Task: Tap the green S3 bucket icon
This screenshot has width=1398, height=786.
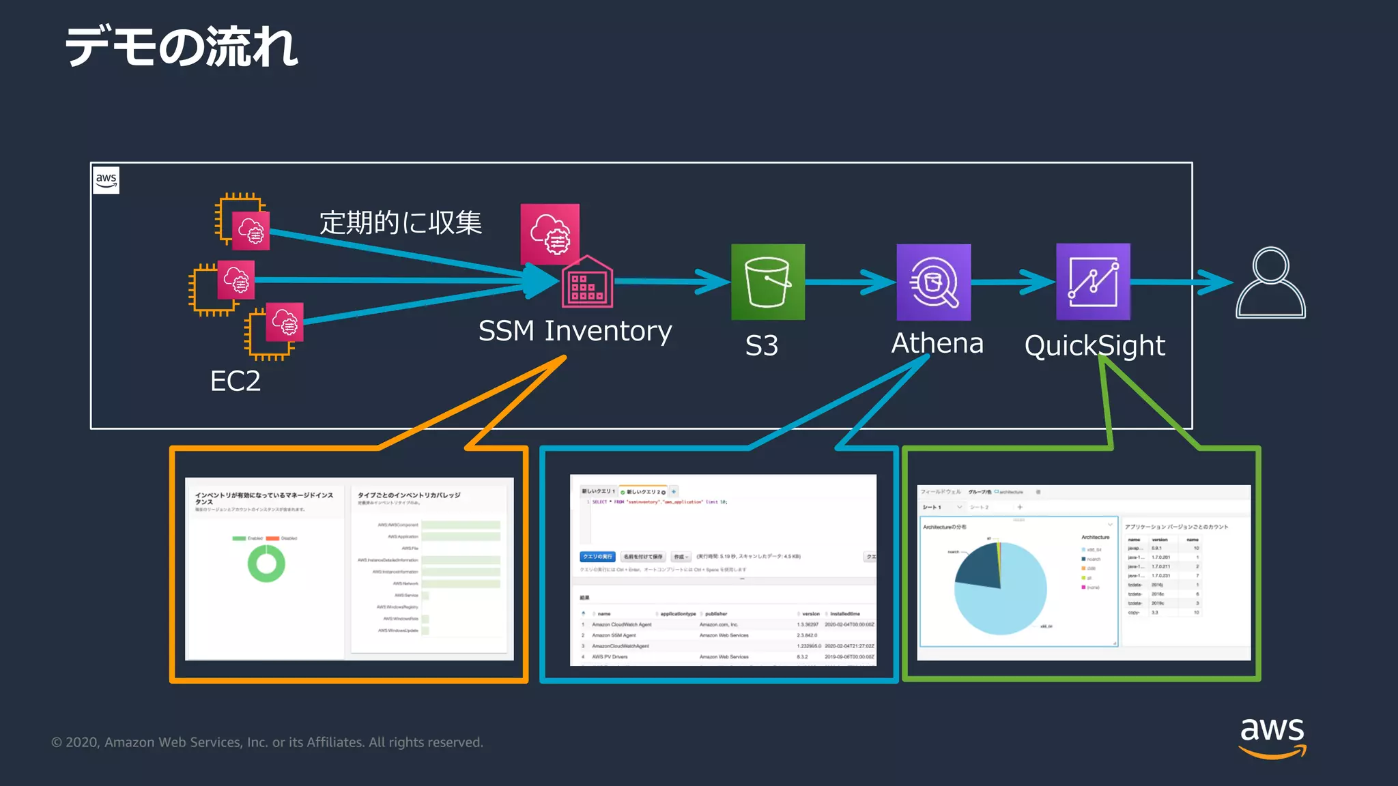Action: click(x=768, y=282)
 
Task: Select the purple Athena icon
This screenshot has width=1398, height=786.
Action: click(x=933, y=282)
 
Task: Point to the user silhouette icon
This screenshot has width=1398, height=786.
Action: click(x=1270, y=282)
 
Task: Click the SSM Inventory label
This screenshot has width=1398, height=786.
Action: click(x=575, y=331)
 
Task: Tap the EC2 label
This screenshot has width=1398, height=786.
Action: click(x=235, y=381)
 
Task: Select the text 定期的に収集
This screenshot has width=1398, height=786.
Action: click(x=401, y=222)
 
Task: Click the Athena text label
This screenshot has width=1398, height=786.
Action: click(x=937, y=343)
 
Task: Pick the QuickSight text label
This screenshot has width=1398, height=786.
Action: click(x=1094, y=346)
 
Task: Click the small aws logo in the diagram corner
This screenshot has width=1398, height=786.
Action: click(x=106, y=180)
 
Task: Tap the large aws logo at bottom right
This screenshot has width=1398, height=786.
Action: click(x=1272, y=737)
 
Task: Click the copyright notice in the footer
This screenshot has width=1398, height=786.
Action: click(x=267, y=742)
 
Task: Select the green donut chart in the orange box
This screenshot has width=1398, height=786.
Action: click(x=266, y=564)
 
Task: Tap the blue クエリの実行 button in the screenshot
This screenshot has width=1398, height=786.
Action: click(x=597, y=557)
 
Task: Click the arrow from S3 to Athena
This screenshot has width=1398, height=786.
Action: click(x=851, y=282)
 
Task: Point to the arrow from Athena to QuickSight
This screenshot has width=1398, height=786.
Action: click(x=1014, y=282)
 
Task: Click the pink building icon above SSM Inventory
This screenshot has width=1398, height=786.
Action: click(x=587, y=282)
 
